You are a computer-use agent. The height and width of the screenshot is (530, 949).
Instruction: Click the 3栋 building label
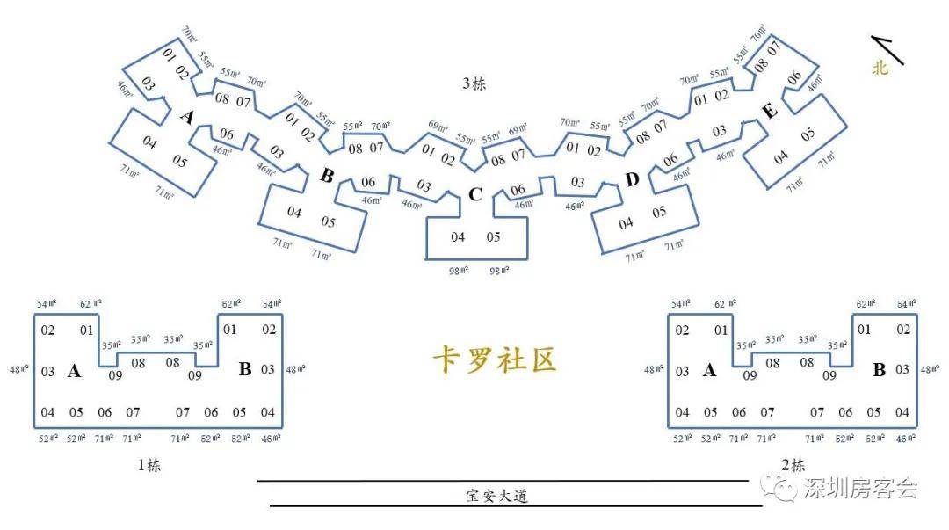(474, 84)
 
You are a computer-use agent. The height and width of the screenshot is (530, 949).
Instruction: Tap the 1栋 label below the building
(149, 465)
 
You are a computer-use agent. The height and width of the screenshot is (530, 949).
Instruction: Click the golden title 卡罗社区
(495, 359)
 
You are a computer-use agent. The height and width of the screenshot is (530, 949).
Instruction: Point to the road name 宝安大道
(496, 496)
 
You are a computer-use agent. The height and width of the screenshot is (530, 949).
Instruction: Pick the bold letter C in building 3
(474, 194)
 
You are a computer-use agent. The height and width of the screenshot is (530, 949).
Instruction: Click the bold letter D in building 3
(632, 180)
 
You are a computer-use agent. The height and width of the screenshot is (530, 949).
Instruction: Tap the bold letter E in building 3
(769, 111)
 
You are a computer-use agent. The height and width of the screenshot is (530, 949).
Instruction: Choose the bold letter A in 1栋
(75, 371)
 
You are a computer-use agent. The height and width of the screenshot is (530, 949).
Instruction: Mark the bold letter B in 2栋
(879, 370)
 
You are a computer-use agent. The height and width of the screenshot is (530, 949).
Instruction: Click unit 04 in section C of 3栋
(458, 237)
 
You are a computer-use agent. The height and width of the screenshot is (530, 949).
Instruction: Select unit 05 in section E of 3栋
(808, 134)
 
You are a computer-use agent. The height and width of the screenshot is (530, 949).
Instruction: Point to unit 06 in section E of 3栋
(794, 78)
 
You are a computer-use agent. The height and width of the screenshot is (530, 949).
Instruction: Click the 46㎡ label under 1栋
(269, 438)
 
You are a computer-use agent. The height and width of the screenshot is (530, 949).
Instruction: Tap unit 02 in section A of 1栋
(47, 330)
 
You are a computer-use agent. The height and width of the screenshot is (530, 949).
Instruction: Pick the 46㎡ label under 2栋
(904, 438)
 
